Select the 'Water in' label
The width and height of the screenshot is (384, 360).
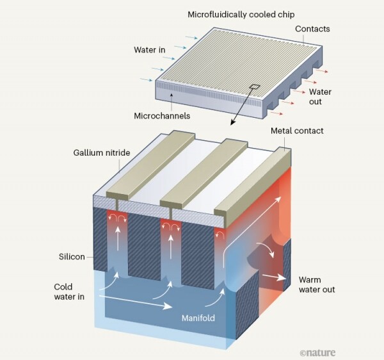(x=150, y=50)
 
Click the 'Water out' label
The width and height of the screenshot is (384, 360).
(x=320, y=97)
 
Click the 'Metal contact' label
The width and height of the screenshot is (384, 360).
(x=296, y=131)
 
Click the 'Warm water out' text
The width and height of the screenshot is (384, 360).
(x=317, y=284)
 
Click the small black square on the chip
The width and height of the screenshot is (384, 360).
(x=254, y=88)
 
